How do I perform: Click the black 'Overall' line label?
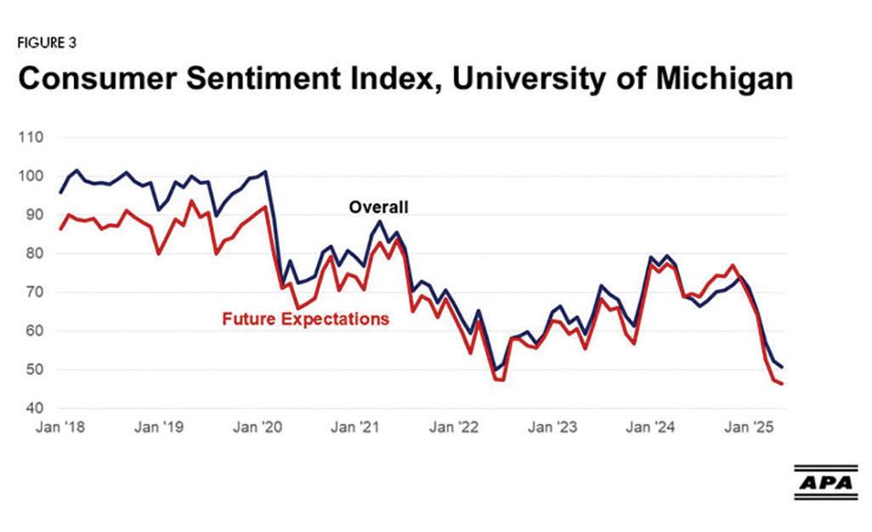(380, 207)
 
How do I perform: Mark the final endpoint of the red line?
(782, 384)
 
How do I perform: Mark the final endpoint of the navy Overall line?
(782, 367)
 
